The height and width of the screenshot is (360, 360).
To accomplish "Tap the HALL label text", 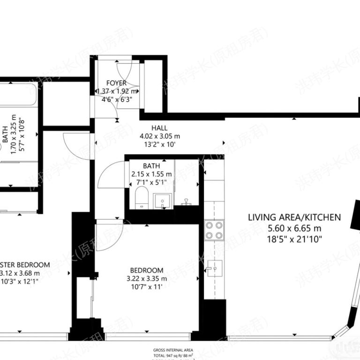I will [x=159, y=128].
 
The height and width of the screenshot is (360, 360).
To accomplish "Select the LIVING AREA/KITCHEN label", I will [x=294, y=217].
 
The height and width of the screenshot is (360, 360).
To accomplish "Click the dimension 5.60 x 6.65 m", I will [x=294, y=228].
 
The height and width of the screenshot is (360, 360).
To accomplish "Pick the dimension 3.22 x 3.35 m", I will [x=147, y=279].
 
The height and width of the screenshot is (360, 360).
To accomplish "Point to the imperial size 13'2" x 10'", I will [x=159, y=145].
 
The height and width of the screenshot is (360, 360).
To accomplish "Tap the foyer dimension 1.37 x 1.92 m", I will [x=116, y=91].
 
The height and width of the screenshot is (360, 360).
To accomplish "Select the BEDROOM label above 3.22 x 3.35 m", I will [x=147, y=270].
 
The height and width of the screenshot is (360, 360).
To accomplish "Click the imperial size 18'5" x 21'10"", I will [x=294, y=239].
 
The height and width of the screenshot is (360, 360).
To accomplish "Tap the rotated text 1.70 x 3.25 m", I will [x=14, y=138].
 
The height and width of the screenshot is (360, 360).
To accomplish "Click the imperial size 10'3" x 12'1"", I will [x=20, y=282].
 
